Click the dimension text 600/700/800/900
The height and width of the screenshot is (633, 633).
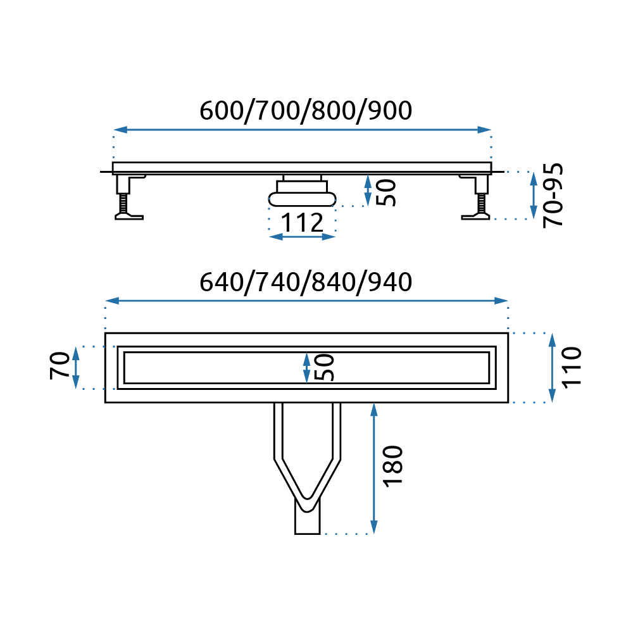(306, 111)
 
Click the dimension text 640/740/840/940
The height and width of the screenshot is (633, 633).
(306, 282)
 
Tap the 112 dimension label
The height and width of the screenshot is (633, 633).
(302, 222)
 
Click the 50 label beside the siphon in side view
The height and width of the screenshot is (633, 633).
(386, 192)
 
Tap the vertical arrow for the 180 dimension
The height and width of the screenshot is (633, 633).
(374, 468)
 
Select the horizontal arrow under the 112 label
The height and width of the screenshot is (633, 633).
(302, 237)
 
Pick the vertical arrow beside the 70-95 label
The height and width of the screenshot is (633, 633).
(534, 195)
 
